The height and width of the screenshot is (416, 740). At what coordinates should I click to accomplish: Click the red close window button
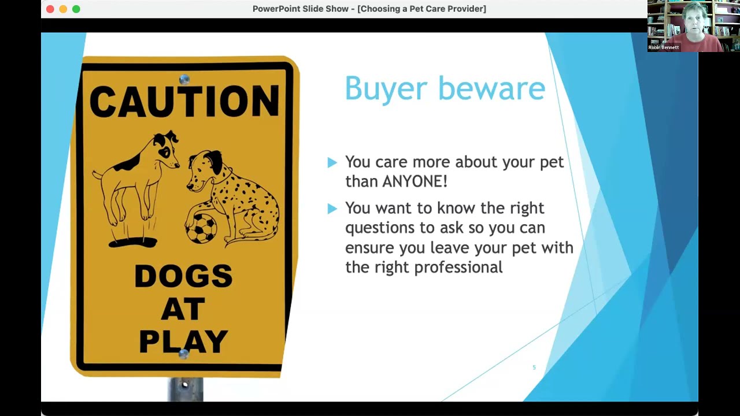pyautogui.click(x=50, y=9)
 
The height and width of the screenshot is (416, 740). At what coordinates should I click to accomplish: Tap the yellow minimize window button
pyautogui.click(x=63, y=9)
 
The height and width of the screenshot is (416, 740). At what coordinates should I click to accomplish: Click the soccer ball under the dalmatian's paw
pyautogui.click(x=201, y=228)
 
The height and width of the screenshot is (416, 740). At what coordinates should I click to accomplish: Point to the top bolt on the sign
pyautogui.click(x=184, y=80)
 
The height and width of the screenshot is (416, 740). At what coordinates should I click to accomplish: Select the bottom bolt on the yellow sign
pyautogui.click(x=183, y=354)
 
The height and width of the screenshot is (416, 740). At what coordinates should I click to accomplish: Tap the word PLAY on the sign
pyautogui.click(x=183, y=341)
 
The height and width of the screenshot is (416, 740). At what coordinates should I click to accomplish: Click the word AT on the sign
pyautogui.click(x=183, y=310)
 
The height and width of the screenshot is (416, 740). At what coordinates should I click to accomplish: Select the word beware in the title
pyautogui.click(x=491, y=88)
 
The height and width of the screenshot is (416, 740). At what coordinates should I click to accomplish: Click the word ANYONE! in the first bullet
pyautogui.click(x=415, y=181)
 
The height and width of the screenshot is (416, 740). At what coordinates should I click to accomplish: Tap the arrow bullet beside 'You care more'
pyautogui.click(x=332, y=163)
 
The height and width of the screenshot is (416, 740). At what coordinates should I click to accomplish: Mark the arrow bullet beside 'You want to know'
pyautogui.click(x=332, y=209)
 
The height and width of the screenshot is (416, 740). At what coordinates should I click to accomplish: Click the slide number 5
pyautogui.click(x=534, y=367)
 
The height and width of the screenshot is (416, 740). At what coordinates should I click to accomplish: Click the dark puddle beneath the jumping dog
pyautogui.click(x=132, y=242)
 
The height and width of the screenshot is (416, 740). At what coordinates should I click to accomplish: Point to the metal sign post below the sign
pyautogui.click(x=185, y=389)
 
